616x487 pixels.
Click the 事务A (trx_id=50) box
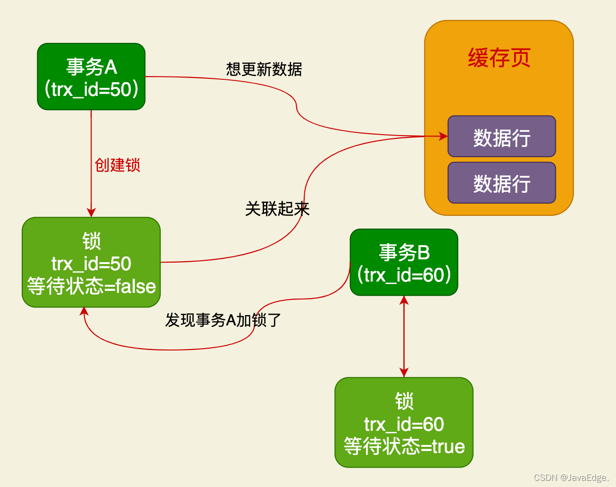[x=91, y=77]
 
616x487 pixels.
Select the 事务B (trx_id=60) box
[x=404, y=262]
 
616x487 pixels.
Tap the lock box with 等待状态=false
[x=91, y=262]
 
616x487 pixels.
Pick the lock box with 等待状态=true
[x=404, y=422]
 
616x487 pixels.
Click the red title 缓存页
[x=499, y=58]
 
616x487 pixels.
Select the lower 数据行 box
[x=501, y=183]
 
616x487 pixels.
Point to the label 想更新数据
[x=264, y=69]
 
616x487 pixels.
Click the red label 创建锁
[x=117, y=165]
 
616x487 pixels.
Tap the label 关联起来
[x=277, y=209]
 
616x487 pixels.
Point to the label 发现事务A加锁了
[x=223, y=320]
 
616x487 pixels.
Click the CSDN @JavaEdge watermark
[x=571, y=478]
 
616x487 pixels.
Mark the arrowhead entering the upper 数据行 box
[x=443, y=136]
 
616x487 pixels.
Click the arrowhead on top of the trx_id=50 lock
[x=91, y=213]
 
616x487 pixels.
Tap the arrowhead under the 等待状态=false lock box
[x=84, y=311]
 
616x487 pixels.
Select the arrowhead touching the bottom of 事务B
[x=404, y=300]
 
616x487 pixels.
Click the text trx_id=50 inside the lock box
[x=91, y=264]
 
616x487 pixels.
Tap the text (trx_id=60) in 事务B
[x=404, y=275]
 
